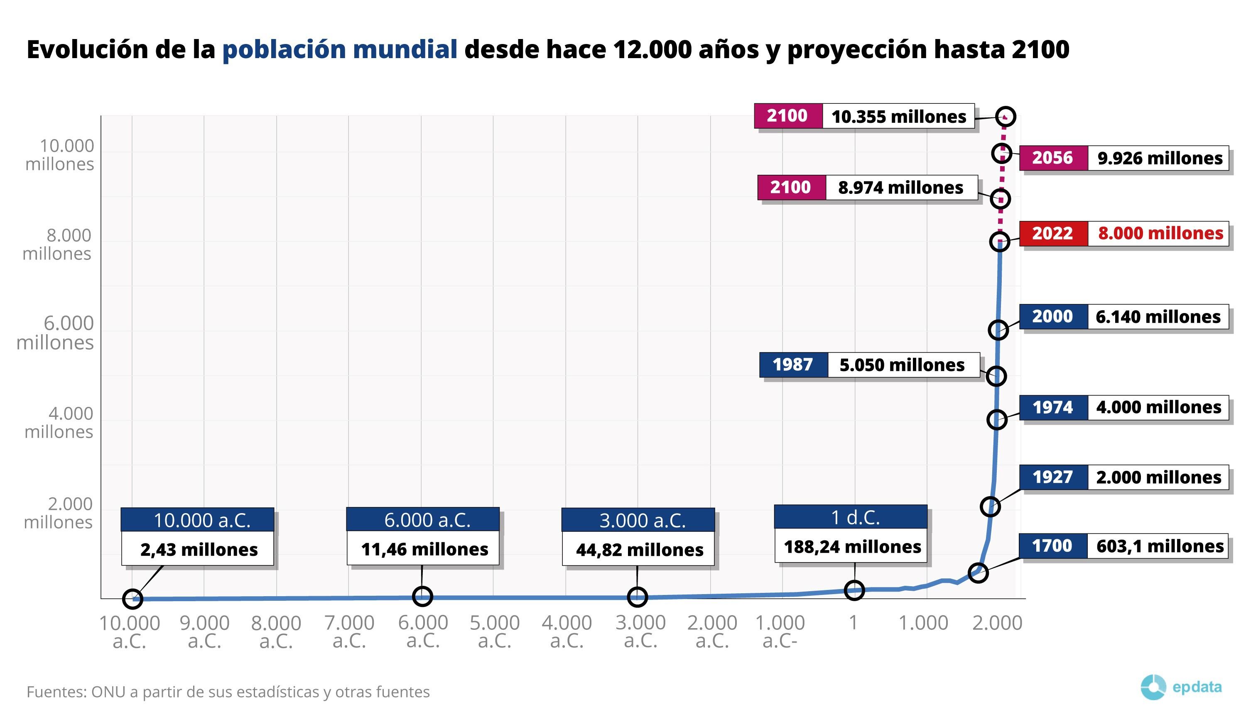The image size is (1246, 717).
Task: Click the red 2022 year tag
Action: [x=1052, y=233]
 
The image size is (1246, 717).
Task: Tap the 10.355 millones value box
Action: [x=898, y=117]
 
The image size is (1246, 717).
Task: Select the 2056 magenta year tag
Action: [x=1052, y=158]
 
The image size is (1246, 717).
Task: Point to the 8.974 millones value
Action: [x=901, y=188]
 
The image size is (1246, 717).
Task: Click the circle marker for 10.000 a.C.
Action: [x=132, y=598]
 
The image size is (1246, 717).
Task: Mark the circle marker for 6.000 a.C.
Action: [x=422, y=596]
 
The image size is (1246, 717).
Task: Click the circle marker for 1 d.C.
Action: [x=854, y=590]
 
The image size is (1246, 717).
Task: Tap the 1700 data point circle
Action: [x=978, y=573]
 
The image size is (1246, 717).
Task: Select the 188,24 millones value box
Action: [x=852, y=547]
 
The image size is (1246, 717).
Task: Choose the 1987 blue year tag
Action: [x=792, y=365]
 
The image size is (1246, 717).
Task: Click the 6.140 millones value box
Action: [x=1158, y=317]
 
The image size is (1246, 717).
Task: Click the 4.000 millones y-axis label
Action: [x=59, y=423]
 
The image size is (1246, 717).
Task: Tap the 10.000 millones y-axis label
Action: [x=60, y=154]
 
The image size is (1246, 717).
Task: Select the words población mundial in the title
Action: [x=340, y=50]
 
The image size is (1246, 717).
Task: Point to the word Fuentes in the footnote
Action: [x=56, y=692]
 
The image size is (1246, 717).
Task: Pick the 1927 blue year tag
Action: [x=1052, y=477]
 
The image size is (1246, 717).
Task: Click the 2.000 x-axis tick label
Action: [x=997, y=623]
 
